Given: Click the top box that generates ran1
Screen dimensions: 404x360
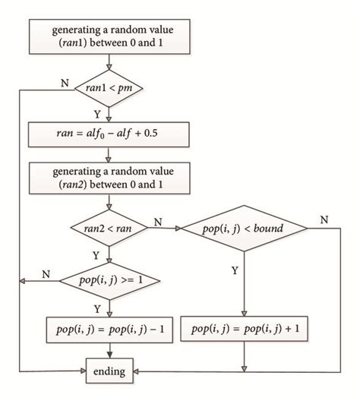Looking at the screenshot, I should click(x=111, y=36).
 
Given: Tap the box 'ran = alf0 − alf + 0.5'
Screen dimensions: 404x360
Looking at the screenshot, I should click(x=111, y=137).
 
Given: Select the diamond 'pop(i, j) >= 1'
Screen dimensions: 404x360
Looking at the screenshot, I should click(x=111, y=280).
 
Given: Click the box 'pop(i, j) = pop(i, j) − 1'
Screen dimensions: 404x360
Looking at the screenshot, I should click(x=111, y=329).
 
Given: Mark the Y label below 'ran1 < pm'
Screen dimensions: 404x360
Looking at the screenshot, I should click(x=96, y=113).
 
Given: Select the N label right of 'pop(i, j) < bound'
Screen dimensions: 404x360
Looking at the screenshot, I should click(x=324, y=219).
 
